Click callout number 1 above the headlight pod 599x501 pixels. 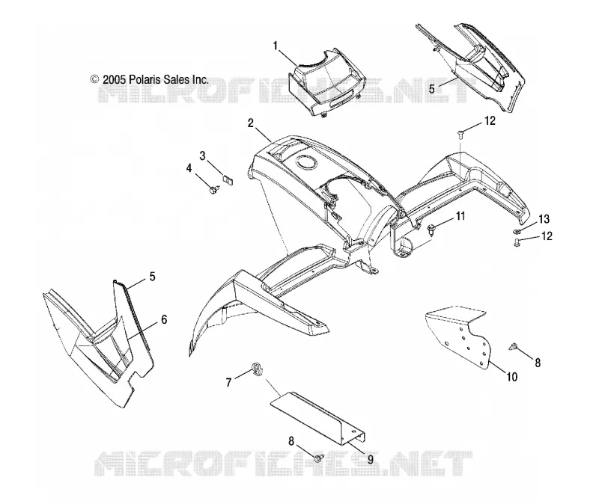275,46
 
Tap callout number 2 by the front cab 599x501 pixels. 251,123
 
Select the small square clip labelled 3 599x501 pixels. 228,179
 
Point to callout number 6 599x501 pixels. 164,319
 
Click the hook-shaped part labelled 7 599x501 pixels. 258,369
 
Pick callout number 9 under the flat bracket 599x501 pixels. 370,460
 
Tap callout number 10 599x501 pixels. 512,377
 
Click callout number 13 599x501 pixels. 544,219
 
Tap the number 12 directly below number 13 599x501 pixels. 547,236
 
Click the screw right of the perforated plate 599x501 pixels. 513,347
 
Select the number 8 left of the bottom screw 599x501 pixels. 291,441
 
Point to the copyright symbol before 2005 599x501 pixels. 94,79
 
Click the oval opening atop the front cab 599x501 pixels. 306,162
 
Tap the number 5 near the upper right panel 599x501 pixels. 432,89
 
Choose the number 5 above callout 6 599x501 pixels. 153,276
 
